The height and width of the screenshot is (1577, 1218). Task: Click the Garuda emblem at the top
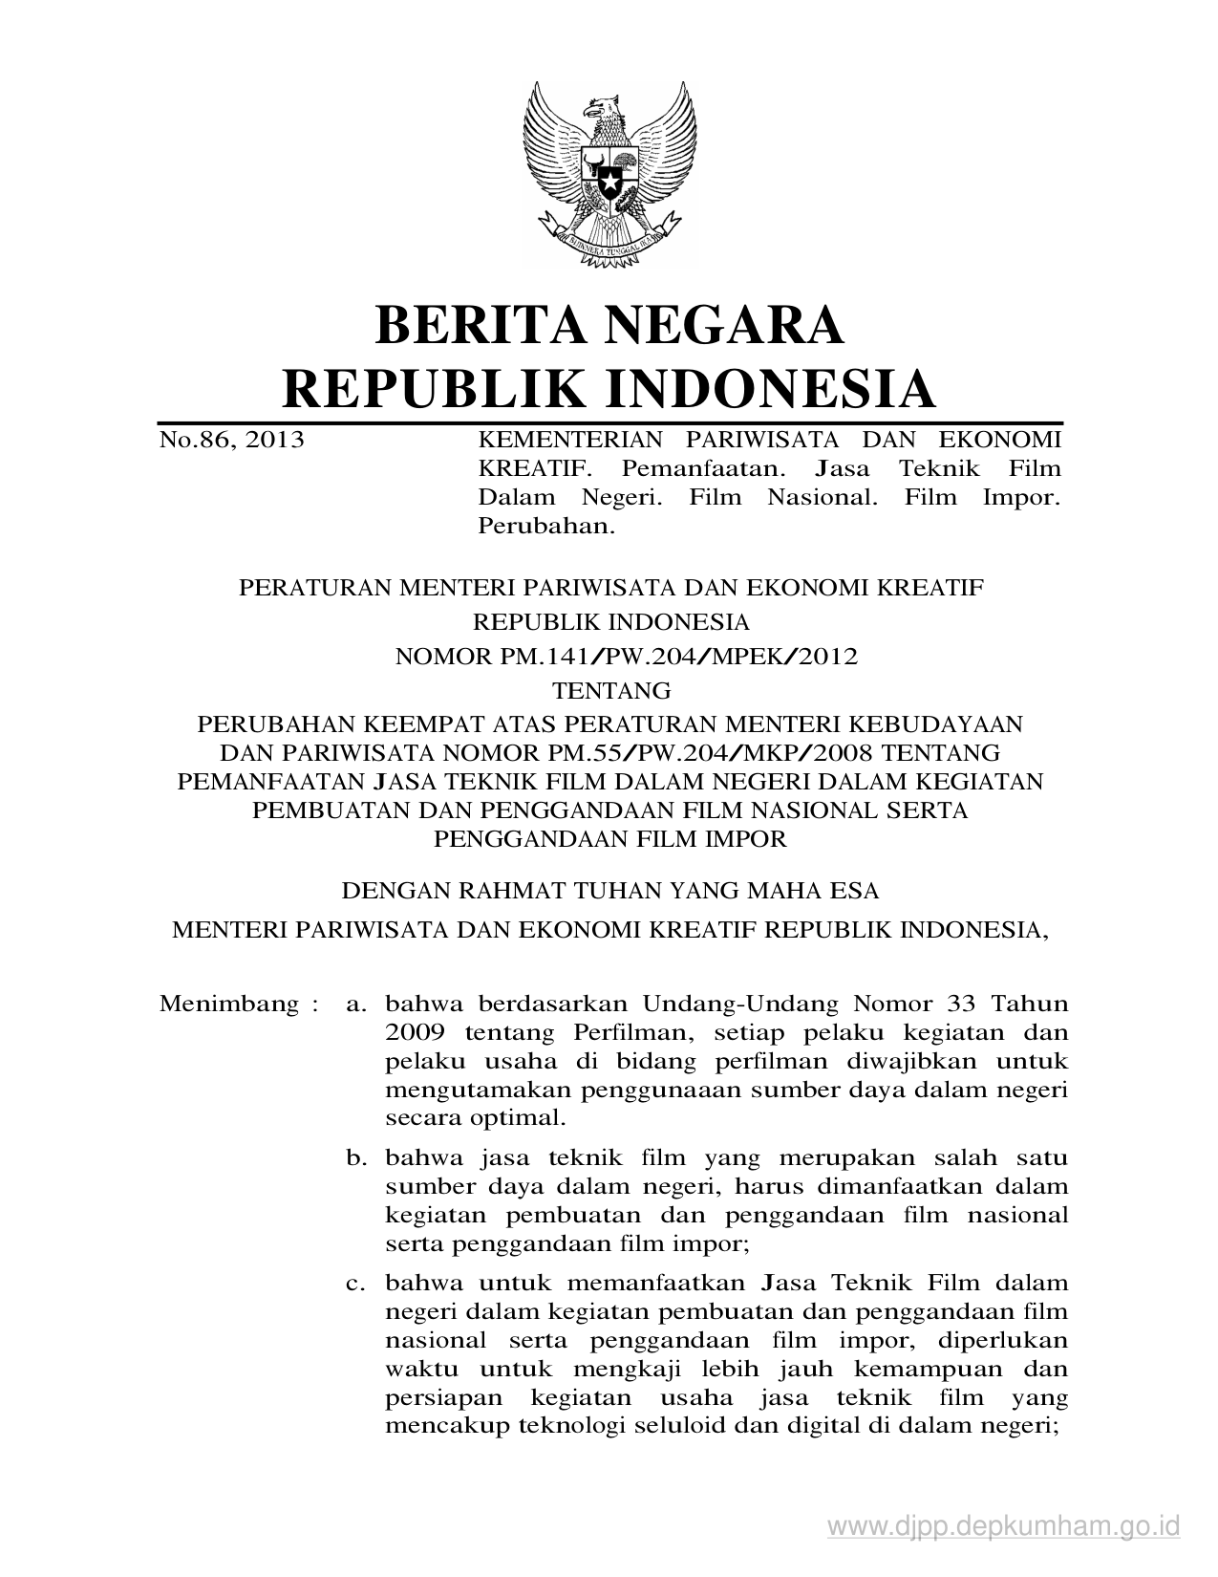click(x=608, y=170)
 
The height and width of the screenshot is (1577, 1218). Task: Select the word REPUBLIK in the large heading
click(x=420, y=389)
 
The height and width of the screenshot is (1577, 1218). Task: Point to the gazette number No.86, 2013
click(x=232, y=440)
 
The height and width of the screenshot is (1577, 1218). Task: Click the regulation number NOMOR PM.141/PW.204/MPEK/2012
click(x=627, y=657)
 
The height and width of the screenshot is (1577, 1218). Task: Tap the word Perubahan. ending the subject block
click(x=544, y=526)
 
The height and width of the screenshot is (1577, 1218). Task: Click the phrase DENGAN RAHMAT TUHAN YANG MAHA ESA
click(x=610, y=891)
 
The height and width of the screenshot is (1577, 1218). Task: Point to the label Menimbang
click(x=230, y=1005)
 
